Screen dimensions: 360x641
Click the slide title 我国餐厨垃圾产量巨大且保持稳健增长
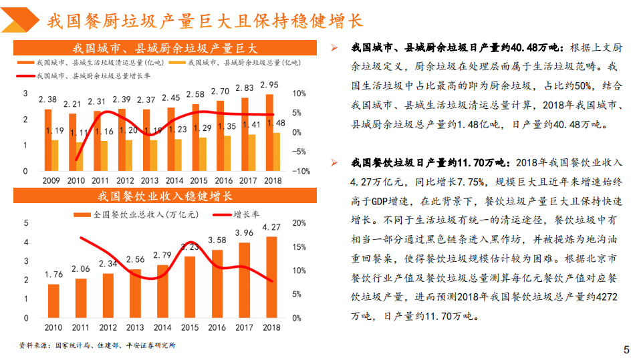[x=205, y=21]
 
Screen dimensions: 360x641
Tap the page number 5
[x=626, y=349]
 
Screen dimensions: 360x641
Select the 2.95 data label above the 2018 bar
[x=269, y=85]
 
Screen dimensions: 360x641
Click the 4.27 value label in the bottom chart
[x=271, y=228]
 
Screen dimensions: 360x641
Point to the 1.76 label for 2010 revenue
[x=53, y=275]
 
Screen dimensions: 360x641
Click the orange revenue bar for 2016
[x=217, y=283]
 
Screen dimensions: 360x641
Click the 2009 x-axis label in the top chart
[x=50, y=180]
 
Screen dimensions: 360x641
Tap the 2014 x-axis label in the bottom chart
[x=162, y=327]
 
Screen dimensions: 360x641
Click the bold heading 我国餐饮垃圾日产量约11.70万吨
[x=430, y=162]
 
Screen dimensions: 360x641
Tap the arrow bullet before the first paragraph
[x=334, y=49]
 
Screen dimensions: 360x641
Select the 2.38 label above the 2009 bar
[x=48, y=100]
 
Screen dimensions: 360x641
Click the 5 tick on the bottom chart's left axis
[x=26, y=223]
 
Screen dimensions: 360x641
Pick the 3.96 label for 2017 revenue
[x=244, y=233]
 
